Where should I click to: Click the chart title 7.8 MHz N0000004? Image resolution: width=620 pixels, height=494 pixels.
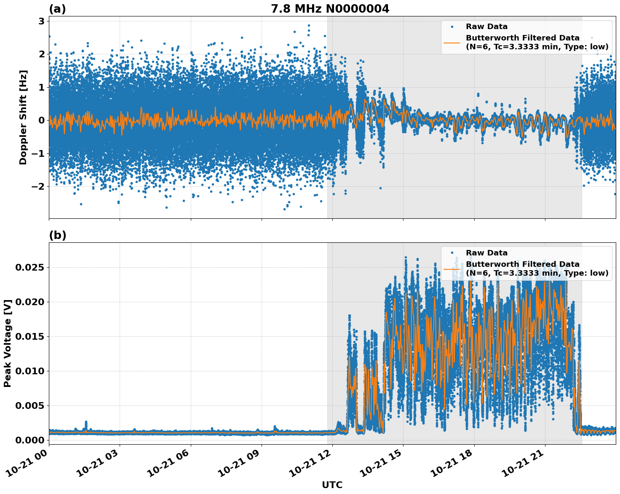click(330, 9)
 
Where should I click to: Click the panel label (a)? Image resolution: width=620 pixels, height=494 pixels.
click(57, 9)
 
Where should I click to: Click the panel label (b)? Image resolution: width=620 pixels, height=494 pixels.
click(57, 236)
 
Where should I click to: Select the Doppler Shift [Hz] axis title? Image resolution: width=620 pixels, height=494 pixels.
click(23, 117)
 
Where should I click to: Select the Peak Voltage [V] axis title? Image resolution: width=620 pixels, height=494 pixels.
click(8, 343)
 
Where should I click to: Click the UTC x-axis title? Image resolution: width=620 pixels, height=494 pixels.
click(332, 485)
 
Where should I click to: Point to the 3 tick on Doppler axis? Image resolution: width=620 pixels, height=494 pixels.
click(41, 21)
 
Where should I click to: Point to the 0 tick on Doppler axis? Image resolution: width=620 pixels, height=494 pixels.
click(41, 120)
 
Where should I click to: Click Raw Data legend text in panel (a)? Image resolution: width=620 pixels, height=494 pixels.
click(486, 27)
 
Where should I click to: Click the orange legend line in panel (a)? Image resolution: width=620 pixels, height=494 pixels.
click(452, 42)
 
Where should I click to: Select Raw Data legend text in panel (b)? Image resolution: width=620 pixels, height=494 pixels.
click(486, 253)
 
